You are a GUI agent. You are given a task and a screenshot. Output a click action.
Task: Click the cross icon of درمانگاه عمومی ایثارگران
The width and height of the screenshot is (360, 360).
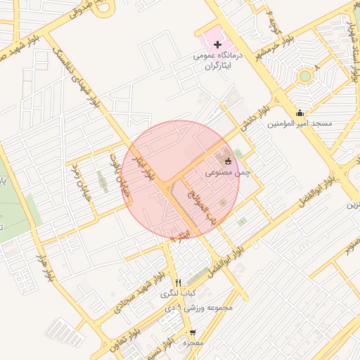tap(217, 45)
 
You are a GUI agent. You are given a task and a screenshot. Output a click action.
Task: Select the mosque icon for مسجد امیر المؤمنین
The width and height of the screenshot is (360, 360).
tap(300, 113)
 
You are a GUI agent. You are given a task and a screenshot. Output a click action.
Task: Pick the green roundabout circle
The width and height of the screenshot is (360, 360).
tap(304, 76)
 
